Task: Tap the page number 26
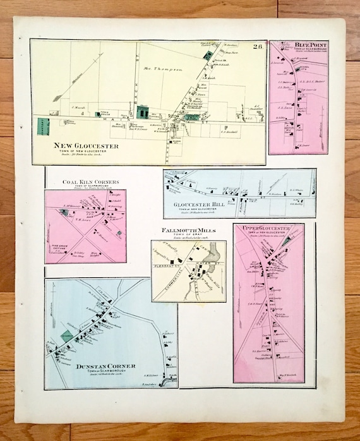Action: click(x=258, y=46)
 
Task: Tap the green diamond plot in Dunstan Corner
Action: click(x=67, y=336)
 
